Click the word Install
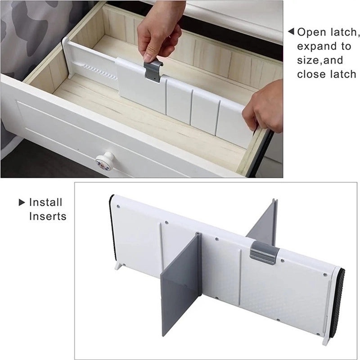click(x=46, y=202)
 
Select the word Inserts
click(x=48, y=216)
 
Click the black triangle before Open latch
click(x=291, y=31)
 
